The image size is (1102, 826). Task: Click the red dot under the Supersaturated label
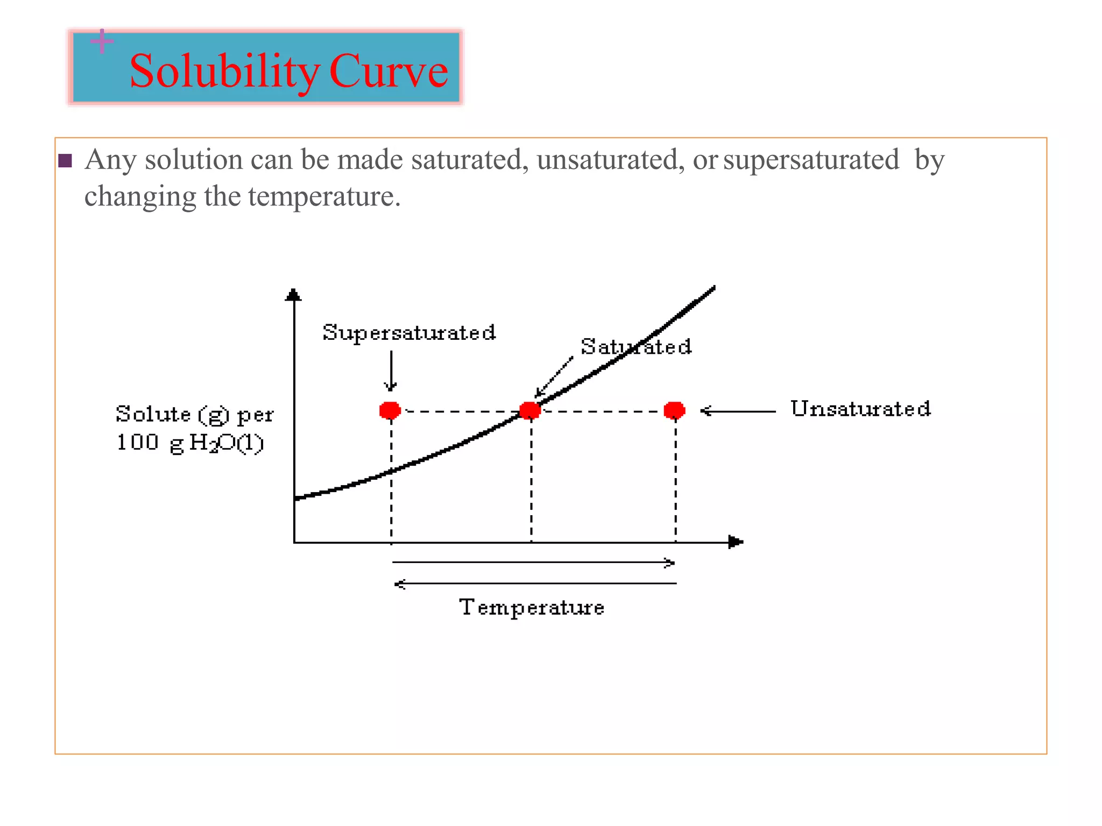(390, 410)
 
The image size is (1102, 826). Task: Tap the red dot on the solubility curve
(530, 410)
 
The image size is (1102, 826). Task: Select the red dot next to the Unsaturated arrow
(674, 410)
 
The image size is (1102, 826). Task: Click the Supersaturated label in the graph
(409, 333)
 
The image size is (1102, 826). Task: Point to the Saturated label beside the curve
(636, 347)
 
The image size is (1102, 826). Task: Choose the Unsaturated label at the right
(860, 409)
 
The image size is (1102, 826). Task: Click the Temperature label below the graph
(532, 608)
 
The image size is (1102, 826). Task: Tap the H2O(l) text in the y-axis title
(226, 443)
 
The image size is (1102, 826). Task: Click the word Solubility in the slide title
(224, 72)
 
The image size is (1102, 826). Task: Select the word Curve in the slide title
(388, 72)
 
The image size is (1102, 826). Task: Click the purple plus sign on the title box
(102, 41)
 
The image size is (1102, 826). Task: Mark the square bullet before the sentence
(65, 161)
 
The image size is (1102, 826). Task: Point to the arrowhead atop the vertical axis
(293, 295)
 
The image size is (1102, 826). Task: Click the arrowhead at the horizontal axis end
(736, 542)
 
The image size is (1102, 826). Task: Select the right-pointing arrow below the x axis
(533, 562)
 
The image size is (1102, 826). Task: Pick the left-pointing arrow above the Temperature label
(535, 583)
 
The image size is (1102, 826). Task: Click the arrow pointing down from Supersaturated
(391, 371)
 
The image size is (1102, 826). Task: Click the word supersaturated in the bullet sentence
(811, 160)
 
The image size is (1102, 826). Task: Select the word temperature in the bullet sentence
(324, 196)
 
